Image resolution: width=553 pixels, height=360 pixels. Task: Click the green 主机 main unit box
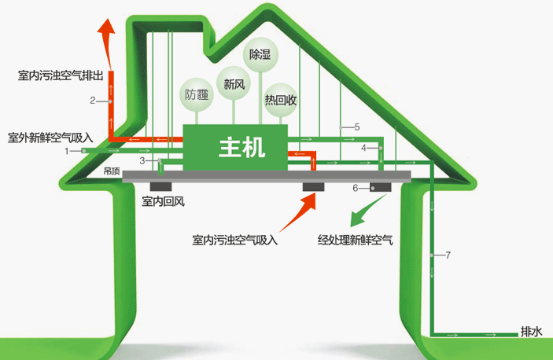(235, 147)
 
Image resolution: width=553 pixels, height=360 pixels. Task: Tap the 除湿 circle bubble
(260, 54)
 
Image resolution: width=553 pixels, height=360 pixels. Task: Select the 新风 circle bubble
(234, 83)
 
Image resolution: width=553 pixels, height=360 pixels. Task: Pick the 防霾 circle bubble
(197, 94)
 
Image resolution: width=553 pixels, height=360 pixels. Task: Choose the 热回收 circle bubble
(281, 100)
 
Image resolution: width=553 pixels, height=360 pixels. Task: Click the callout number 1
(67, 151)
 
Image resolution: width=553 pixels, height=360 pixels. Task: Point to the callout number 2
(92, 101)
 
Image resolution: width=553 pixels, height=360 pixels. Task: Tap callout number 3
(142, 160)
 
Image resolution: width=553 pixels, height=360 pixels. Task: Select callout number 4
(363, 148)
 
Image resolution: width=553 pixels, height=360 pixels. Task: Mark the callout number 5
(357, 127)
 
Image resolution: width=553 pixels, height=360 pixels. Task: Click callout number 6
(356, 188)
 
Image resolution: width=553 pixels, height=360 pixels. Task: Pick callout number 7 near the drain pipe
(448, 255)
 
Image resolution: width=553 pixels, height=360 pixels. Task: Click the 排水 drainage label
(531, 332)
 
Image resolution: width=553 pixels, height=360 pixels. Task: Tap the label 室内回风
(164, 201)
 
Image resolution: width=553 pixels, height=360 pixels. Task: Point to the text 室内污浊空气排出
(61, 75)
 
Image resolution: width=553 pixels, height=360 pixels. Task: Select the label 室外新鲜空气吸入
(50, 138)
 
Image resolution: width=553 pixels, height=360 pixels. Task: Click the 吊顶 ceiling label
(112, 171)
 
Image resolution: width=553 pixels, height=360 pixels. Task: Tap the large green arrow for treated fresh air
(367, 211)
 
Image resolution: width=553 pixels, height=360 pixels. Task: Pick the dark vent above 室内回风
(160, 187)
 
